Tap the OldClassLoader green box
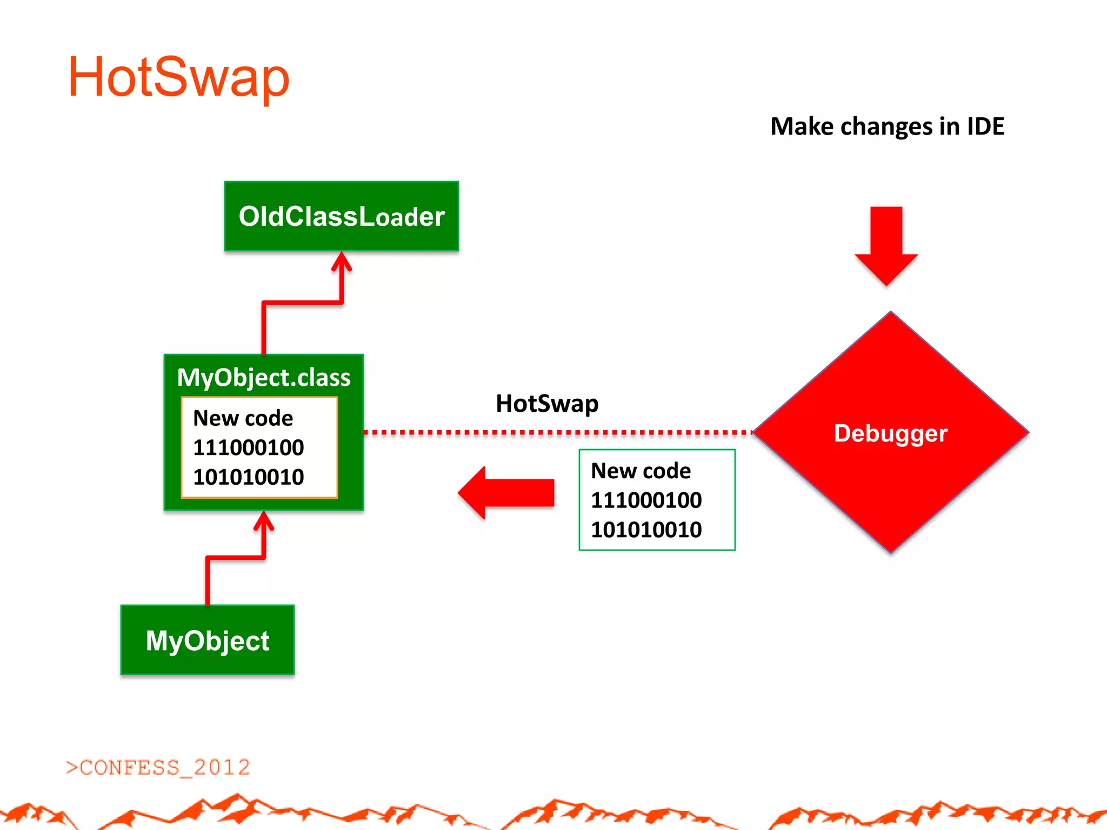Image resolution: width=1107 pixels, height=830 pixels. tap(341, 216)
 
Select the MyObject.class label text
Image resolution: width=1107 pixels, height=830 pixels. tap(264, 377)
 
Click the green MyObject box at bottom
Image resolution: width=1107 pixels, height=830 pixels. tap(207, 640)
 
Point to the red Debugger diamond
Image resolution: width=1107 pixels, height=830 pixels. tap(890, 433)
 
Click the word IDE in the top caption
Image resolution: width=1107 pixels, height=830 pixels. tap(985, 126)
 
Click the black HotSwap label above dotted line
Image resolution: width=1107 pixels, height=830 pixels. tap(547, 404)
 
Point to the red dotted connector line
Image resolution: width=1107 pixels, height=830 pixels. tap(557, 432)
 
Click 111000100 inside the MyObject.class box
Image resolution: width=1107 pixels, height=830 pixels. tap(248, 447)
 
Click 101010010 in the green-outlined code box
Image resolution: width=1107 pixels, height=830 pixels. tap(646, 530)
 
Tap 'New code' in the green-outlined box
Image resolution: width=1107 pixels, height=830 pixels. tap(641, 471)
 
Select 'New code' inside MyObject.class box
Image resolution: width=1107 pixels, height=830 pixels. tap(243, 418)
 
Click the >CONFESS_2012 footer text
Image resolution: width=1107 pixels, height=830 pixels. tap(158, 767)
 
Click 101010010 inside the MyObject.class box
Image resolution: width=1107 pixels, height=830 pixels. tap(248, 477)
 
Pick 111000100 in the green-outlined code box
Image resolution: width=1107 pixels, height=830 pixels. tap(646, 500)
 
